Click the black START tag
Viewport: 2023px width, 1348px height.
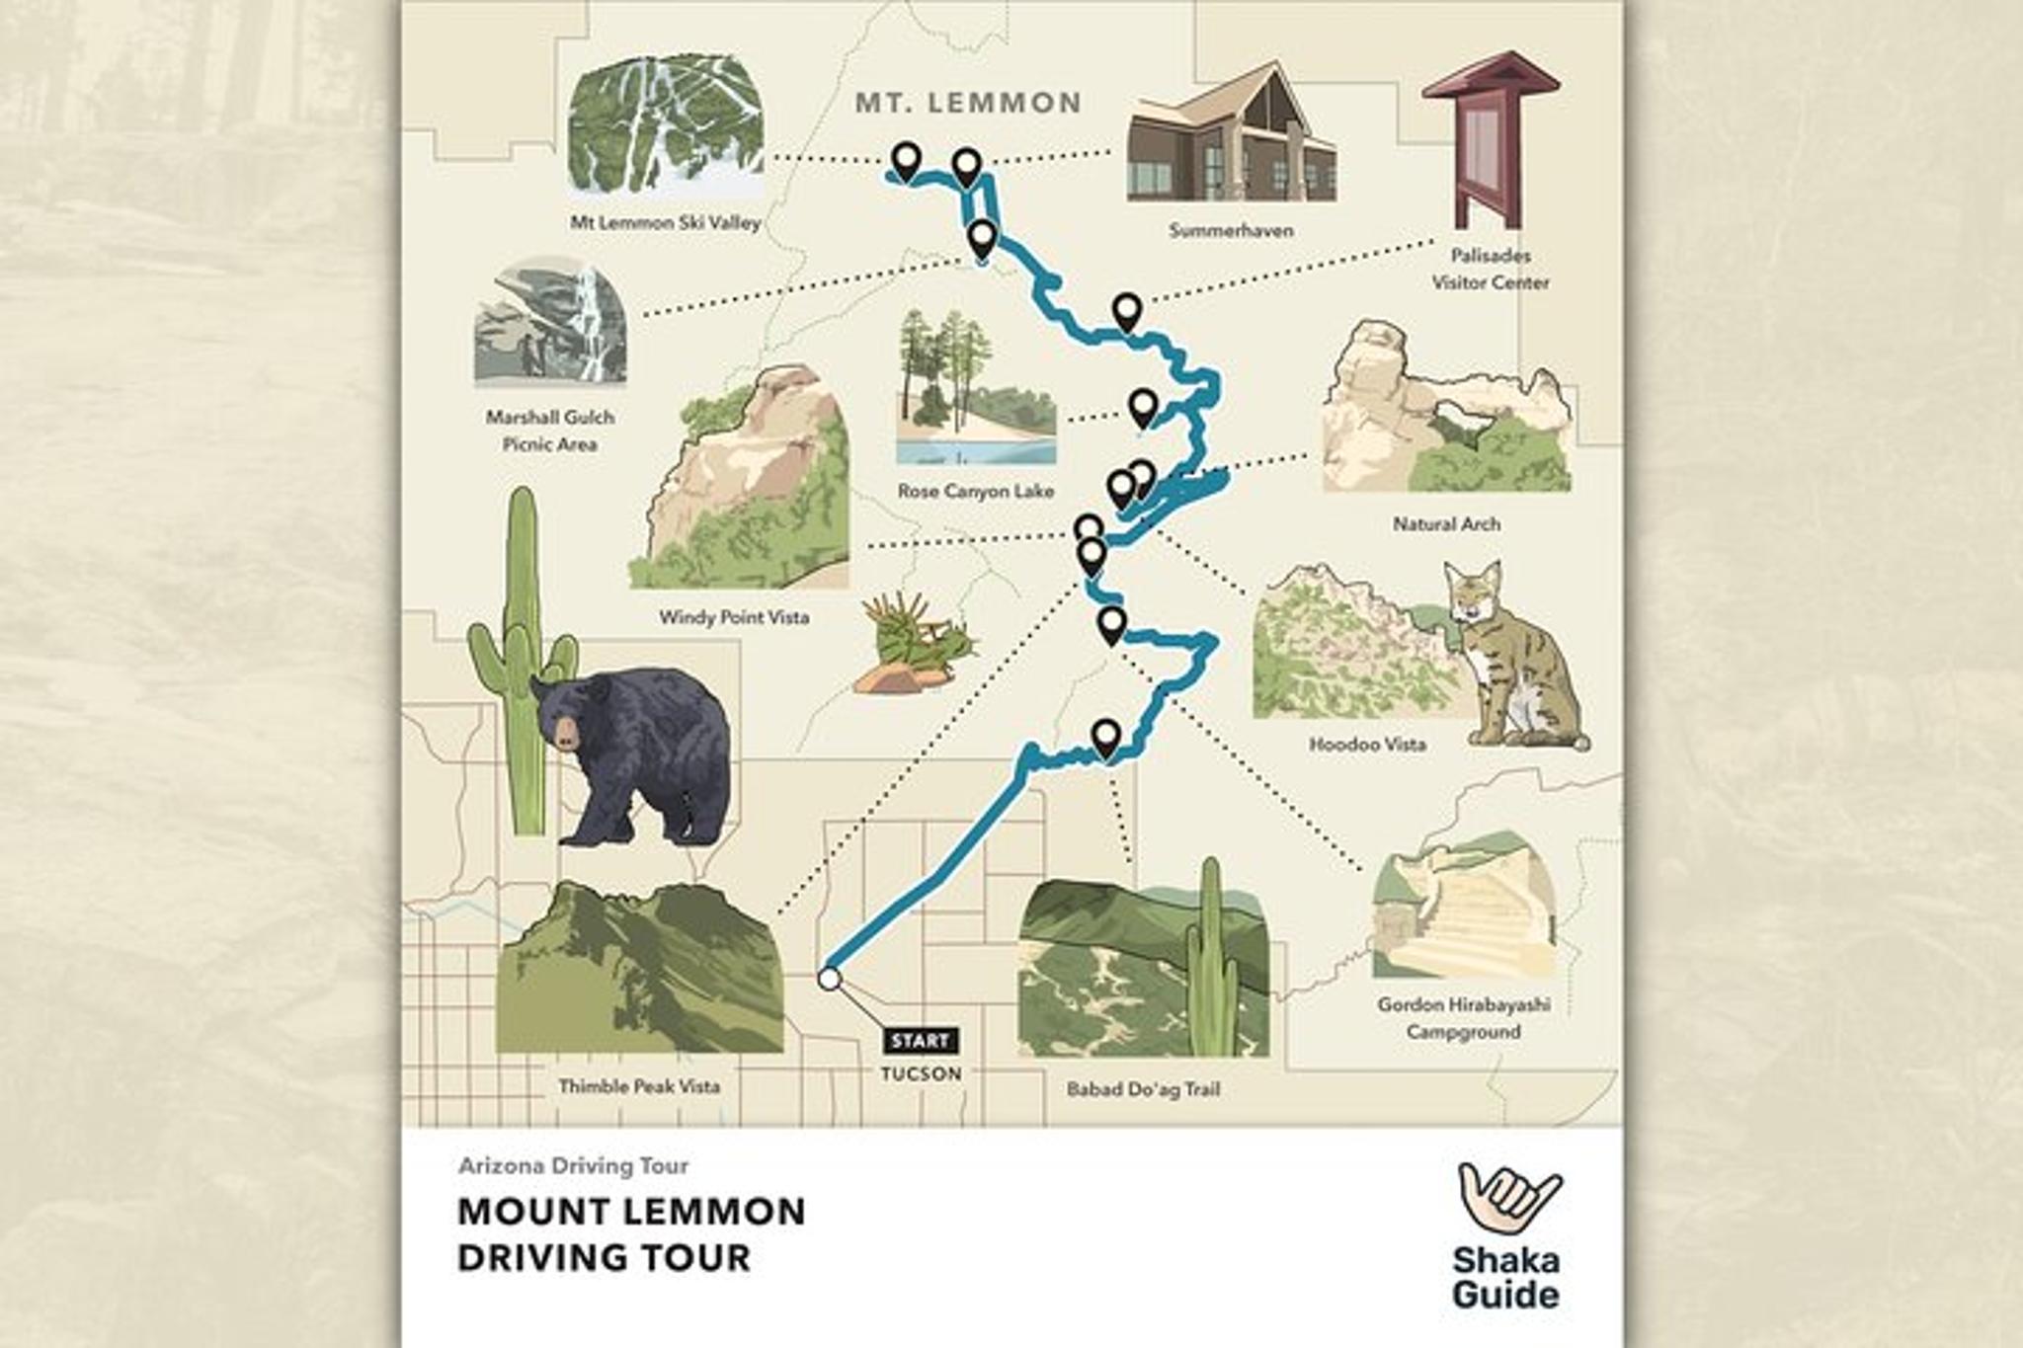pos(920,1041)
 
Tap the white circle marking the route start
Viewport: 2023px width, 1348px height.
pos(829,979)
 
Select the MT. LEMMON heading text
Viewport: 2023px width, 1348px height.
pos(968,103)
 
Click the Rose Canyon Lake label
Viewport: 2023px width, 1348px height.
pos(975,491)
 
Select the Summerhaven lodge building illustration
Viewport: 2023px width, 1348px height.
pos(1231,138)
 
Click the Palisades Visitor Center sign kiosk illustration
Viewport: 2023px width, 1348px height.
pos(1491,138)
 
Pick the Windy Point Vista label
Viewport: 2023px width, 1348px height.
pos(734,617)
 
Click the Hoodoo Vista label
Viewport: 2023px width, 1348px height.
pos(1367,744)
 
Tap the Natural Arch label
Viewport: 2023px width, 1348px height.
pos(1446,523)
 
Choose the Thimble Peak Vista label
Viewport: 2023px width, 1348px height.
pos(639,1086)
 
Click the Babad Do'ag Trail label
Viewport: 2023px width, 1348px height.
pos(1143,1089)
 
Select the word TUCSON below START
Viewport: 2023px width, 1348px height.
pos(921,1073)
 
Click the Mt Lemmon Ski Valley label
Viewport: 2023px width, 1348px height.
pos(665,223)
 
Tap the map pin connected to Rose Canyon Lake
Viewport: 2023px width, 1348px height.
pos(1143,406)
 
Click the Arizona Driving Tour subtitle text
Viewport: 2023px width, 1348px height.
pos(573,1165)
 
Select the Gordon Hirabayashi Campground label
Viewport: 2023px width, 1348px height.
pos(1463,1018)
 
